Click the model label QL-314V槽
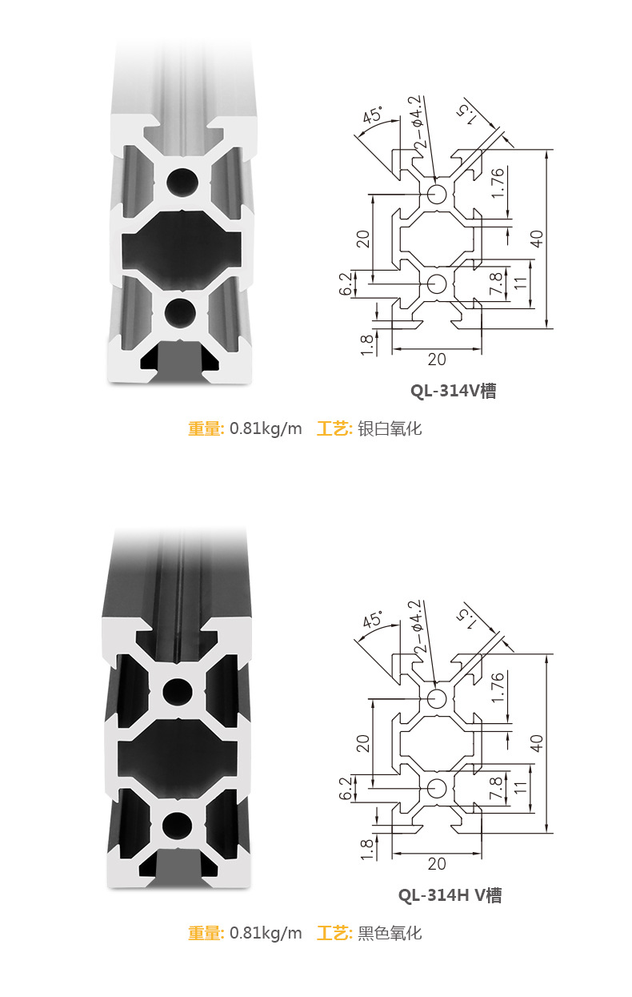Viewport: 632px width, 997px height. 453,391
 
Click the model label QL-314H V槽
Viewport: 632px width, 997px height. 450,895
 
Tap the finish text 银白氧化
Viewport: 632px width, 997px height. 390,428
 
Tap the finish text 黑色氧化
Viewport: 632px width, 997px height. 390,933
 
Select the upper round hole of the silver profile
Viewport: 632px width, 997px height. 182,182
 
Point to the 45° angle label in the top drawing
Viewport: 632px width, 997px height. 373,115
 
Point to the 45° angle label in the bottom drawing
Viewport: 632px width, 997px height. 373,620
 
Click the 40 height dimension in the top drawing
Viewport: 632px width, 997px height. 537,239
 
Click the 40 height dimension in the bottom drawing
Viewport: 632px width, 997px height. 537,743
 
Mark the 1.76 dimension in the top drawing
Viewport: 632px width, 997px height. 498,183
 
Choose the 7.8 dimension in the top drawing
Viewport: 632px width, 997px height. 496,285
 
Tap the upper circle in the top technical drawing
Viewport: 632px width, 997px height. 437,194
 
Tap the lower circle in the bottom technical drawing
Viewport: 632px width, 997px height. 437,788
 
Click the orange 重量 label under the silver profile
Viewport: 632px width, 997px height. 205,428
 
